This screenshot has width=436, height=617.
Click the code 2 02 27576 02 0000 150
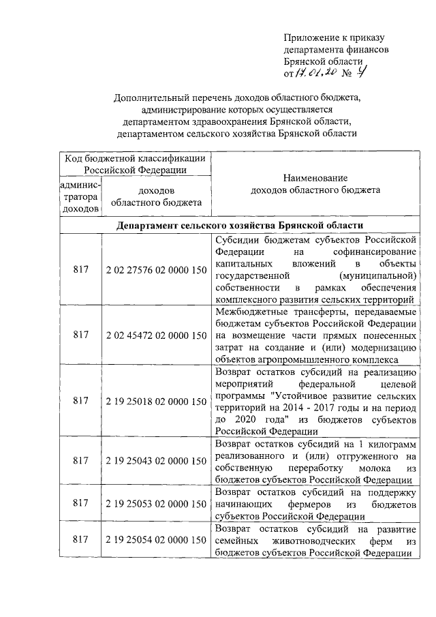pyautogui.click(x=156, y=270)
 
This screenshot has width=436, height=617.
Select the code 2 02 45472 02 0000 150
pyautogui.click(x=156, y=335)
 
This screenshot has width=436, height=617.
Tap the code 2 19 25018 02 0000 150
pyautogui.click(x=156, y=402)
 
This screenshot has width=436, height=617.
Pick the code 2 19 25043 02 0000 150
pyautogui.click(x=156, y=462)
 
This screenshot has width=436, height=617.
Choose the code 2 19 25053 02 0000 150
pyautogui.click(x=156, y=503)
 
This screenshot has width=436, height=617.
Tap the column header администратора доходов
pyautogui.click(x=80, y=196)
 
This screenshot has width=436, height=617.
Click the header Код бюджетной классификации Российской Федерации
pyautogui.click(x=136, y=164)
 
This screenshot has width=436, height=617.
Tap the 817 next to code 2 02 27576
pyautogui.click(x=80, y=270)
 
